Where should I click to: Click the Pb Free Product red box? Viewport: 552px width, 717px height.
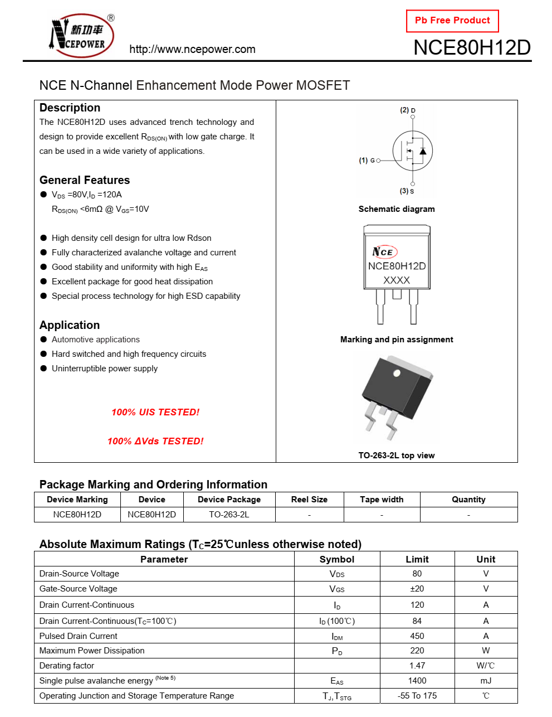[x=452, y=21]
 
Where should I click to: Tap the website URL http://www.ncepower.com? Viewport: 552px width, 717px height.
[x=192, y=49]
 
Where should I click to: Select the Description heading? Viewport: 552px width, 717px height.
[x=70, y=108]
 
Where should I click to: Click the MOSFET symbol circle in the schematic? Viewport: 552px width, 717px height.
[x=412, y=151]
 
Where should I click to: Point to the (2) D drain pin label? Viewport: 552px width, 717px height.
[x=408, y=110]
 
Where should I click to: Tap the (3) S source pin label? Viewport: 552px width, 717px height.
[x=407, y=191]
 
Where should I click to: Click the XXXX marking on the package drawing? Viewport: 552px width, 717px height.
[x=397, y=280]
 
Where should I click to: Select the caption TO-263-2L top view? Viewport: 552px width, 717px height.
[x=397, y=456]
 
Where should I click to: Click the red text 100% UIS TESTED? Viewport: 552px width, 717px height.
[x=155, y=413]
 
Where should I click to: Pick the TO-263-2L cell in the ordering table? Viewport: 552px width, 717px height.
[x=229, y=515]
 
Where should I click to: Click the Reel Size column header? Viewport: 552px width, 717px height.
[x=309, y=500]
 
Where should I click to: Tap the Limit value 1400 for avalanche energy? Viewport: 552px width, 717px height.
[x=417, y=681]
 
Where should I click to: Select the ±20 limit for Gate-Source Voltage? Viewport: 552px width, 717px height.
[x=417, y=589]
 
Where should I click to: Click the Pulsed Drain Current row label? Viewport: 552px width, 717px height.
[x=79, y=636]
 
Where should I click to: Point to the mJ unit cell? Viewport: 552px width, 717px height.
[x=486, y=681]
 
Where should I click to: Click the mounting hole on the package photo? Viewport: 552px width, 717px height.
[x=397, y=373]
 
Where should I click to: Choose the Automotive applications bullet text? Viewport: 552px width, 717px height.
[x=96, y=340]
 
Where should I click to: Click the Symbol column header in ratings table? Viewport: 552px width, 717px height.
[x=337, y=559]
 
